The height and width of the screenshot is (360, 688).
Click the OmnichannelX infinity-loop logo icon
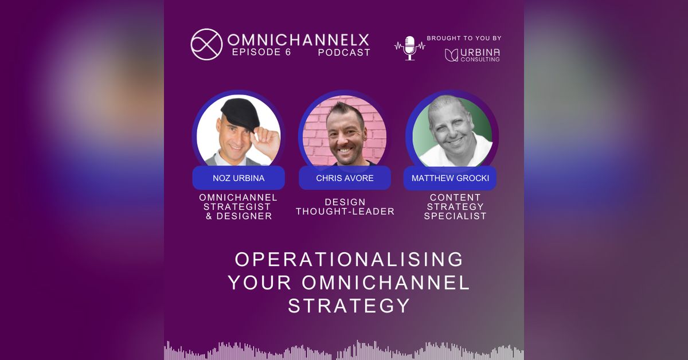click(206, 44)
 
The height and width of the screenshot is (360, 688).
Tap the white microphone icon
click(410, 48)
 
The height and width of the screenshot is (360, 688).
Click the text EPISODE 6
click(261, 52)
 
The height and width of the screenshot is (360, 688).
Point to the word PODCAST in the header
click(344, 52)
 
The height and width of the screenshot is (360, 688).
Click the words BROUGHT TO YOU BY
click(464, 38)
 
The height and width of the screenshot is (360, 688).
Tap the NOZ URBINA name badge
click(239, 178)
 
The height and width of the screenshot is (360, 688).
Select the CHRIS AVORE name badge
click(345, 178)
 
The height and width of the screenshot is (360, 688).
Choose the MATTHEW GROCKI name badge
click(450, 178)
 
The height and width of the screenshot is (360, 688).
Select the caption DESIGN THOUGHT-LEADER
click(345, 206)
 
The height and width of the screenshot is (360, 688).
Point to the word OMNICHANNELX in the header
click(298, 40)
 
